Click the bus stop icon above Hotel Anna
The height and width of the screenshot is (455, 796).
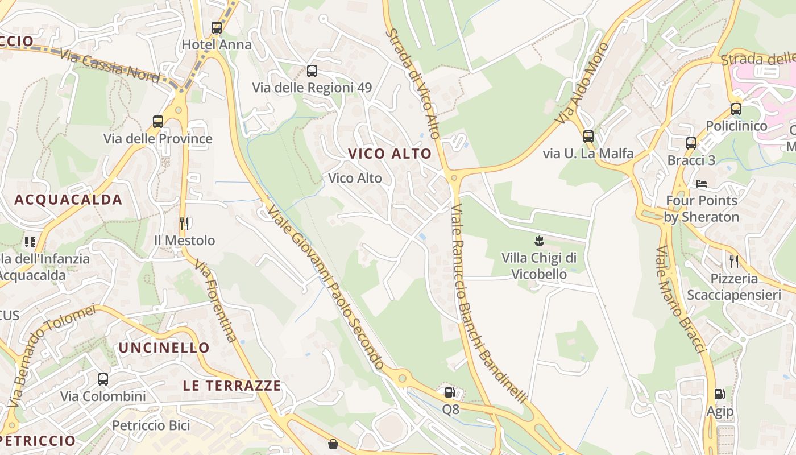tap(216, 28)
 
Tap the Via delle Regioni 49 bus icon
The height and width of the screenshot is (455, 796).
tap(312, 71)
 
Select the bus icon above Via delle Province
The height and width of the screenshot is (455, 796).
tap(157, 122)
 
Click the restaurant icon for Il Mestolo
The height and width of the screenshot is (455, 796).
tap(184, 224)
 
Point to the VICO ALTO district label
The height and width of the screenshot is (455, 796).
tap(390, 154)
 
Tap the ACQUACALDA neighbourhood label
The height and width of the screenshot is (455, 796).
tap(68, 200)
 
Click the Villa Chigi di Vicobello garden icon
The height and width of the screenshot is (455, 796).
tap(539, 241)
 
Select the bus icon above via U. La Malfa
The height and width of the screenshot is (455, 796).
tap(588, 136)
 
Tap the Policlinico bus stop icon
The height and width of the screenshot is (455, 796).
tap(736, 109)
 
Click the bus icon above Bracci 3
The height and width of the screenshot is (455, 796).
tap(691, 143)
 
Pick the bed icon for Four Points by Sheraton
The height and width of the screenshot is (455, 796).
tap(702, 184)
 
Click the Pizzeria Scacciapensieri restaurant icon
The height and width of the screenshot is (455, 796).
tap(733, 262)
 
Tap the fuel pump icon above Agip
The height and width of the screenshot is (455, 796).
tap(719, 394)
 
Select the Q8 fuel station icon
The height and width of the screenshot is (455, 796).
tap(450, 392)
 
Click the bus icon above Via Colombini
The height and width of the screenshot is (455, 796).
tap(103, 379)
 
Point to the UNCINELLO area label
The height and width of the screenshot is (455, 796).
tap(164, 348)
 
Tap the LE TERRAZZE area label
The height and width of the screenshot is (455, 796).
tap(232, 386)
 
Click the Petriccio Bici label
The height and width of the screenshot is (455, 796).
tap(151, 425)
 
